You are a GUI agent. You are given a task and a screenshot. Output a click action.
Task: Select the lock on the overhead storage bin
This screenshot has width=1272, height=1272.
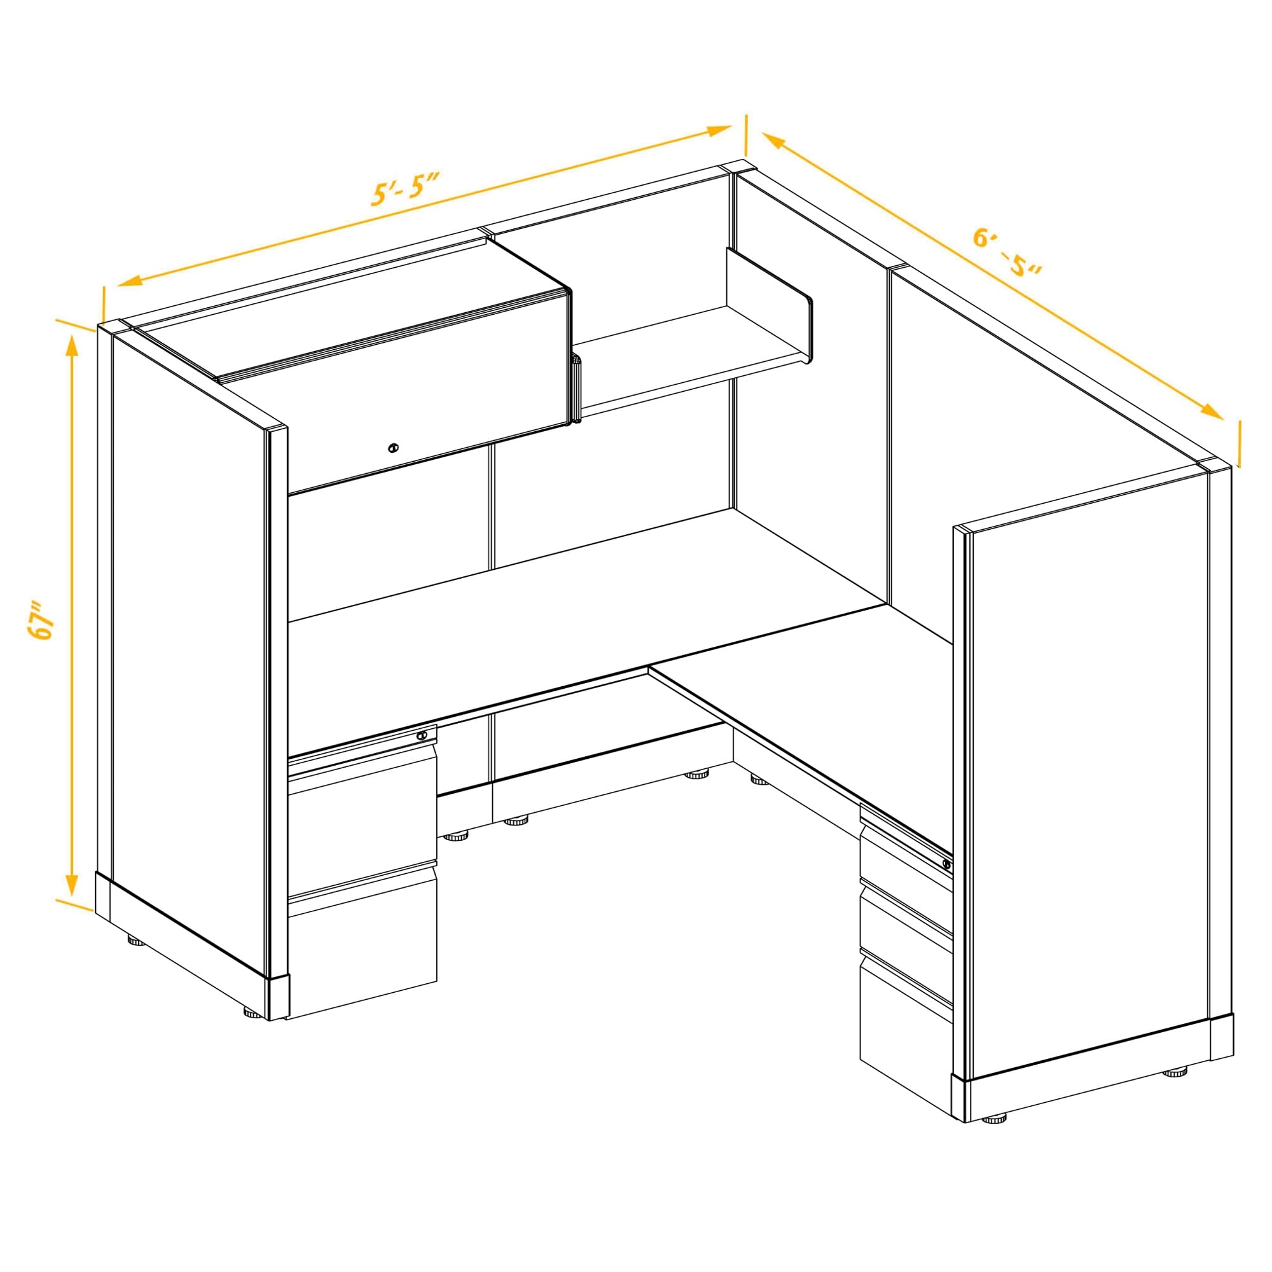pos(393,448)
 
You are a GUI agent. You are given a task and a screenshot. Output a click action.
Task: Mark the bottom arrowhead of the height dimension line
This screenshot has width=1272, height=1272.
pos(73,885)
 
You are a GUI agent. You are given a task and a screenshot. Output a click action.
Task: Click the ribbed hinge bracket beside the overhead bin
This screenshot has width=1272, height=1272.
pos(577,389)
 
